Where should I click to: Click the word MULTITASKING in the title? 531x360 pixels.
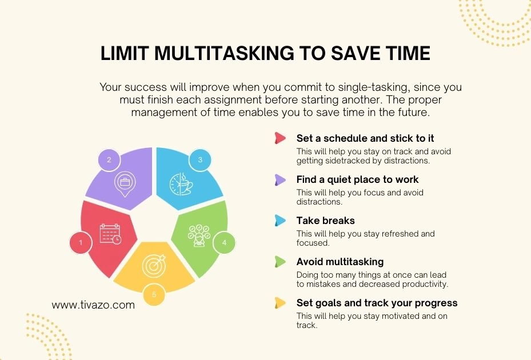(224, 53)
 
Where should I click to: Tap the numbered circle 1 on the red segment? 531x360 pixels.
(81, 242)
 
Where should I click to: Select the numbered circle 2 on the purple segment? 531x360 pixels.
(109, 160)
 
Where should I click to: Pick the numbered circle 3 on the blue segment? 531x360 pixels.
(200, 160)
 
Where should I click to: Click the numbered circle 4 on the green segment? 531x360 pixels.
(224, 242)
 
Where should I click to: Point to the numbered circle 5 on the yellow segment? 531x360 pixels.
(154, 294)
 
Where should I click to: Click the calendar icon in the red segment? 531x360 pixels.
(110, 234)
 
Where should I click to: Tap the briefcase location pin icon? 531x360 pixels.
(125, 184)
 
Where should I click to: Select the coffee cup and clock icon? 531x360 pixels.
(181, 184)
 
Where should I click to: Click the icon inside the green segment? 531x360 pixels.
(199, 235)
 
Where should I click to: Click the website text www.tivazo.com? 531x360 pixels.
(93, 305)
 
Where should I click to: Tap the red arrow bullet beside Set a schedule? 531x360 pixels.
(280, 138)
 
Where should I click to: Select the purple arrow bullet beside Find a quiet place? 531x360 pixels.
(280, 179)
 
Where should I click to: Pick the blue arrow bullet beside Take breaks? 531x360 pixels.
(280, 221)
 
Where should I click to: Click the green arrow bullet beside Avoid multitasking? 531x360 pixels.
(280, 262)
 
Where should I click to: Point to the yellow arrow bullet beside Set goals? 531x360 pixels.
(280, 303)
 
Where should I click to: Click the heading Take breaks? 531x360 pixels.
(325, 221)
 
